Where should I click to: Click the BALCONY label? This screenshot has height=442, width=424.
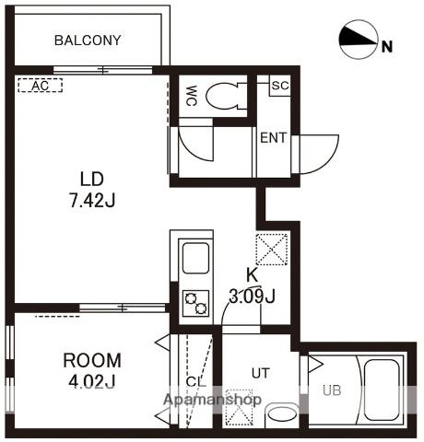point(88,41)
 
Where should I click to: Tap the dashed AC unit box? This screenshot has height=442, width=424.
point(41,86)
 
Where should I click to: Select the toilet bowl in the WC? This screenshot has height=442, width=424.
point(226,96)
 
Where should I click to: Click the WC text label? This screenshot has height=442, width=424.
point(192,96)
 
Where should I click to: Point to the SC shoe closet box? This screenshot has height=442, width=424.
point(280,86)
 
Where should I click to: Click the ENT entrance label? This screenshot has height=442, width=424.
point(273,138)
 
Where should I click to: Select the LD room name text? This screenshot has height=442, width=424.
point(92,180)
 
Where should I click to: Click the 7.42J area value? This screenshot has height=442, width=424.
point(92,201)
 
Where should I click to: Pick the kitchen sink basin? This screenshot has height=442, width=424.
point(195,258)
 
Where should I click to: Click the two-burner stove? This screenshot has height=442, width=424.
point(195,303)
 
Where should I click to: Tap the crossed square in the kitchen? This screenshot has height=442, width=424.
point(272,250)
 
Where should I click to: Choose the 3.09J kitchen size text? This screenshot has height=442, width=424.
point(252,297)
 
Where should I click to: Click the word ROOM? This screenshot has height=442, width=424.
point(92,361)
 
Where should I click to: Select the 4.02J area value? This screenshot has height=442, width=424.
point(92,382)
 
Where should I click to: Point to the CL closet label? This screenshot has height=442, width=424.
point(195,382)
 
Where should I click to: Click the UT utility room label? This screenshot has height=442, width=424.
point(261,373)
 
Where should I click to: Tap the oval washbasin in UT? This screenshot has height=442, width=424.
point(281,414)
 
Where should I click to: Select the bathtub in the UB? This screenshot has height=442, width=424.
point(382,390)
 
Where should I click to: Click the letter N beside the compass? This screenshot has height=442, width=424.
point(387,47)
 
